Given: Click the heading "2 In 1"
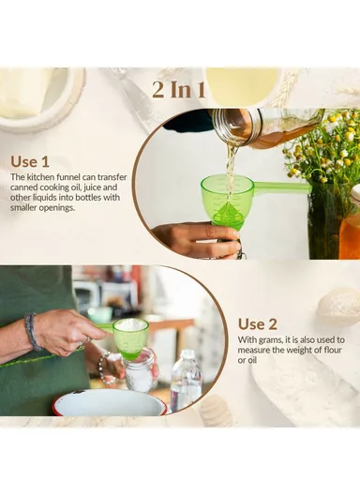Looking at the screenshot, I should tap(180, 90).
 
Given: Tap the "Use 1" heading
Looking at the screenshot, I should tap(30, 161).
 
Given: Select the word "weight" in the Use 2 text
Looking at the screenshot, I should tap(298, 351).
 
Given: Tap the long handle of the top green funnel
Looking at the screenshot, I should tap(281, 187).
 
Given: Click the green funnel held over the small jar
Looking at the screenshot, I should tap(130, 335).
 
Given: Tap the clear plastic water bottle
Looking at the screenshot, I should tap(186, 380).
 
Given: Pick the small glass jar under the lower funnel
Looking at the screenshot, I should tap(140, 372).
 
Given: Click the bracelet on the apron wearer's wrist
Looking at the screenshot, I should tap(33, 331).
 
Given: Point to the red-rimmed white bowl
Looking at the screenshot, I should tap(108, 402).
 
